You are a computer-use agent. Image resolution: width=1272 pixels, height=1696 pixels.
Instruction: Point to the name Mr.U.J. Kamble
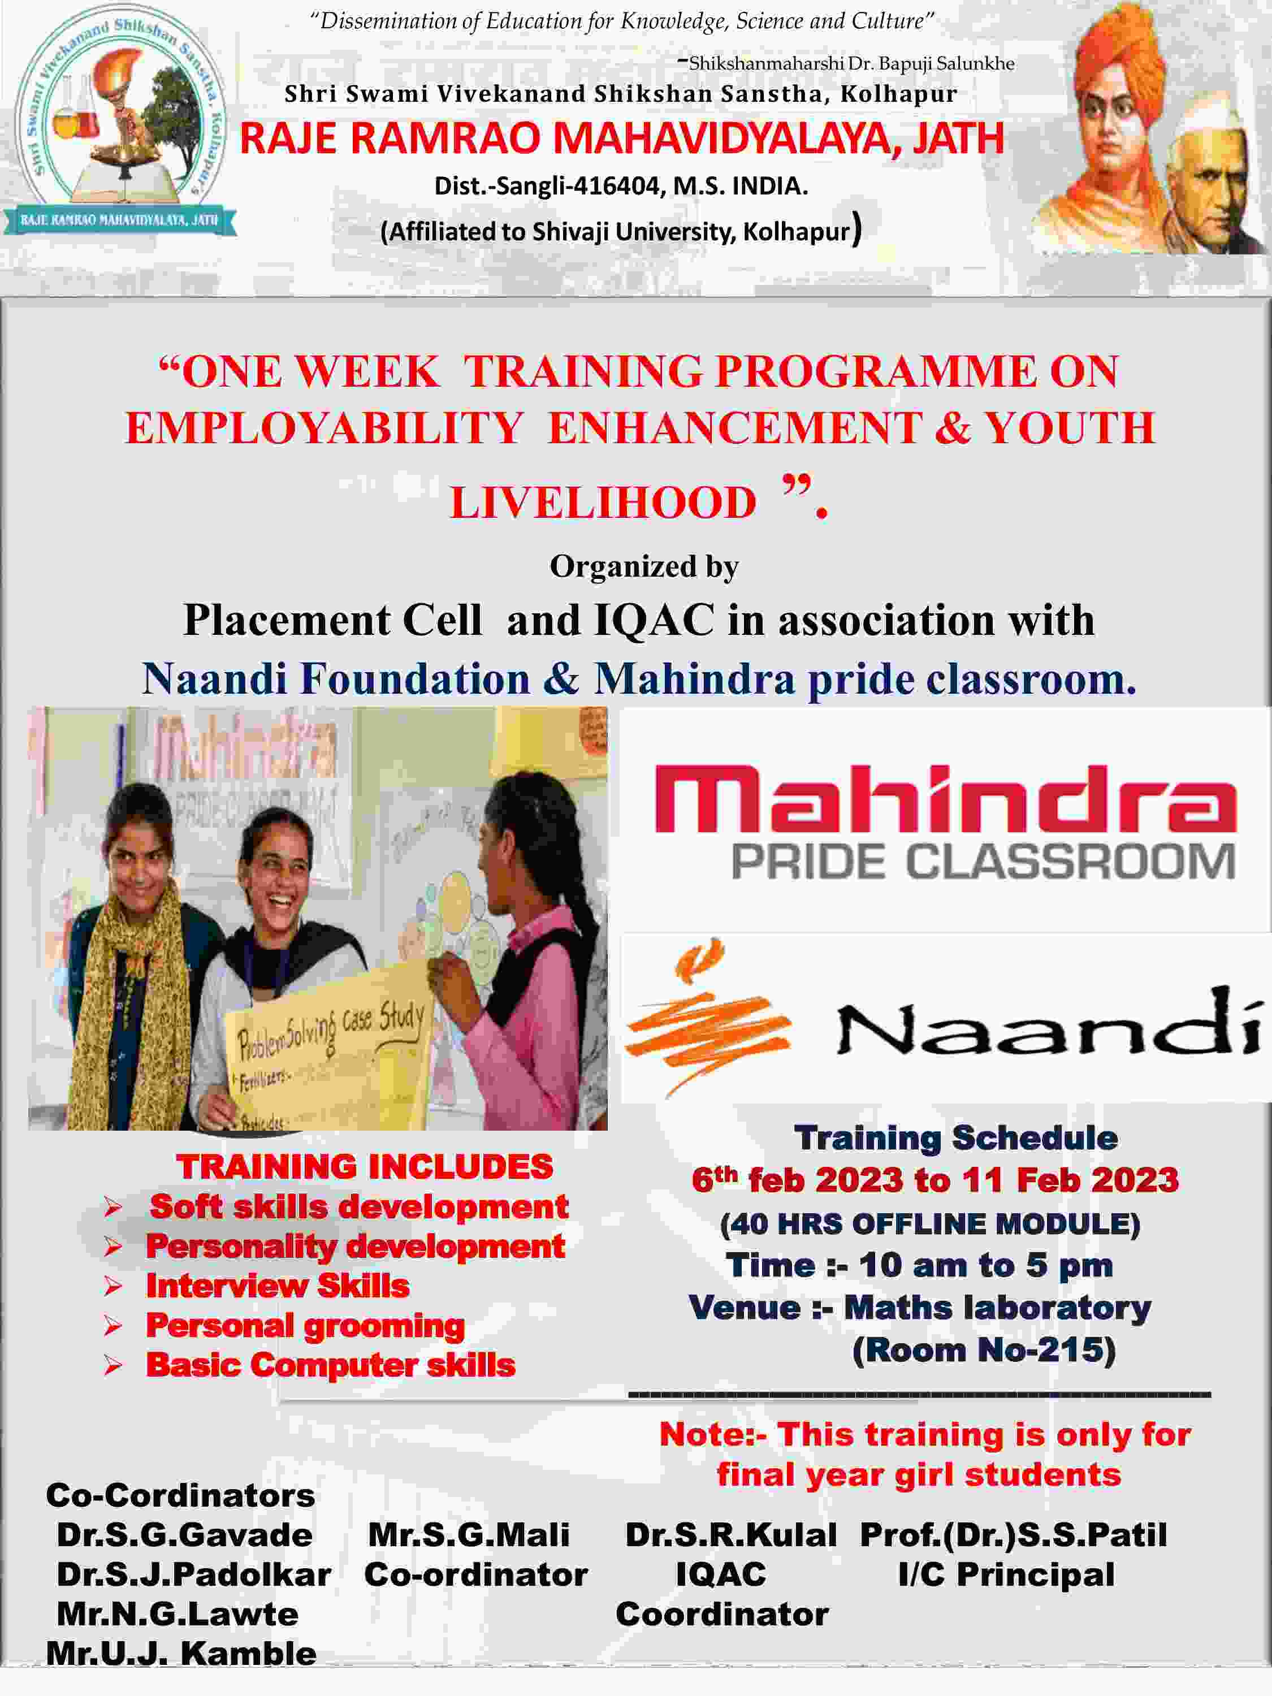point(181,1654)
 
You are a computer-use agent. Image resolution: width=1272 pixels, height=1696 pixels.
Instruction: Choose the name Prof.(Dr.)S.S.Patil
point(1014,1535)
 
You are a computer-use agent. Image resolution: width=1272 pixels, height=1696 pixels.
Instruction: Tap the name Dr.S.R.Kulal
point(730,1535)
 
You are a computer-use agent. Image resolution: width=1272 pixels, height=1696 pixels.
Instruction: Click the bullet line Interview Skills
point(278,1286)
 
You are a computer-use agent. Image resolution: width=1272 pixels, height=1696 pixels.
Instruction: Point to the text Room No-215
point(984,1350)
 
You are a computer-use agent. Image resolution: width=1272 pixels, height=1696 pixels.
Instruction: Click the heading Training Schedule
point(955,1138)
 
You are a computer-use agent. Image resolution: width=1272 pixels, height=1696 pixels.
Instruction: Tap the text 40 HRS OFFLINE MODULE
point(930,1224)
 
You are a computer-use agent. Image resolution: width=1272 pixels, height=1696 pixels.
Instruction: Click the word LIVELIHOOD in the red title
point(603,503)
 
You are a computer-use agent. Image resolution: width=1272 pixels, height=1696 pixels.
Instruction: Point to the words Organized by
point(644,566)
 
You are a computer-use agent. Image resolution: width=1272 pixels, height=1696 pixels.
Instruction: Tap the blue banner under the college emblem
point(120,220)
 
